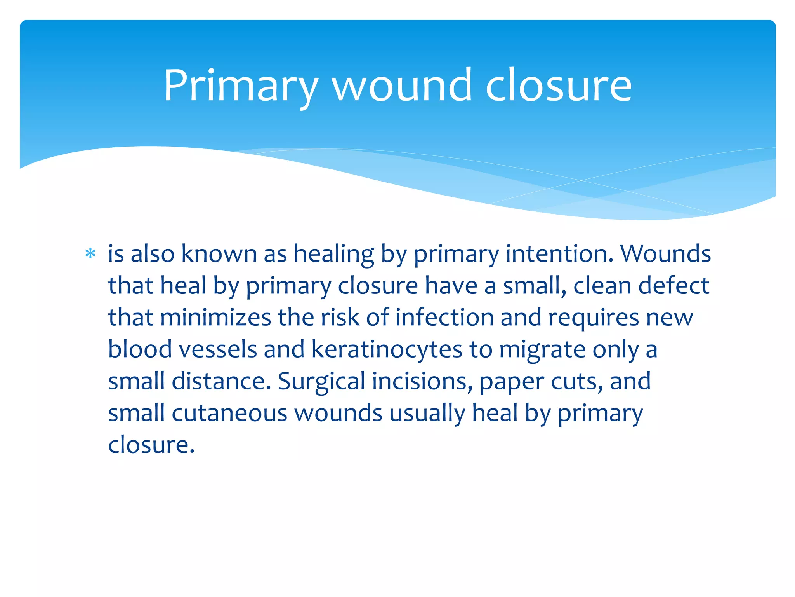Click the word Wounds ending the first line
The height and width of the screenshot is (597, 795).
coord(665,254)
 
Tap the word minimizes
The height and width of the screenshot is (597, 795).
coord(215,318)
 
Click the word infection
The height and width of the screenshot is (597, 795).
coord(444,318)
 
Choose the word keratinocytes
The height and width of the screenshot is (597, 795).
coord(387,349)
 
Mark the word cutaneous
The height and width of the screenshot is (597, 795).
coord(229,413)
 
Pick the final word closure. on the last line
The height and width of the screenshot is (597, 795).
coord(151,445)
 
